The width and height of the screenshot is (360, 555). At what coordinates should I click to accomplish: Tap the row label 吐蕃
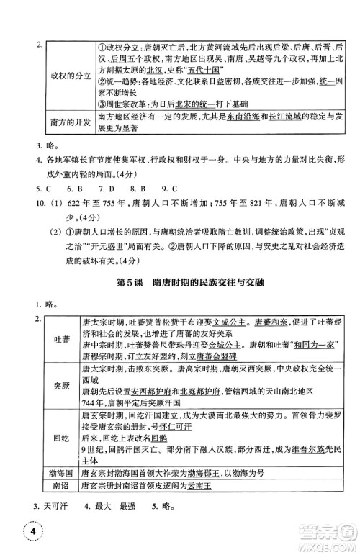pyautogui.click(x=61, y=338)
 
